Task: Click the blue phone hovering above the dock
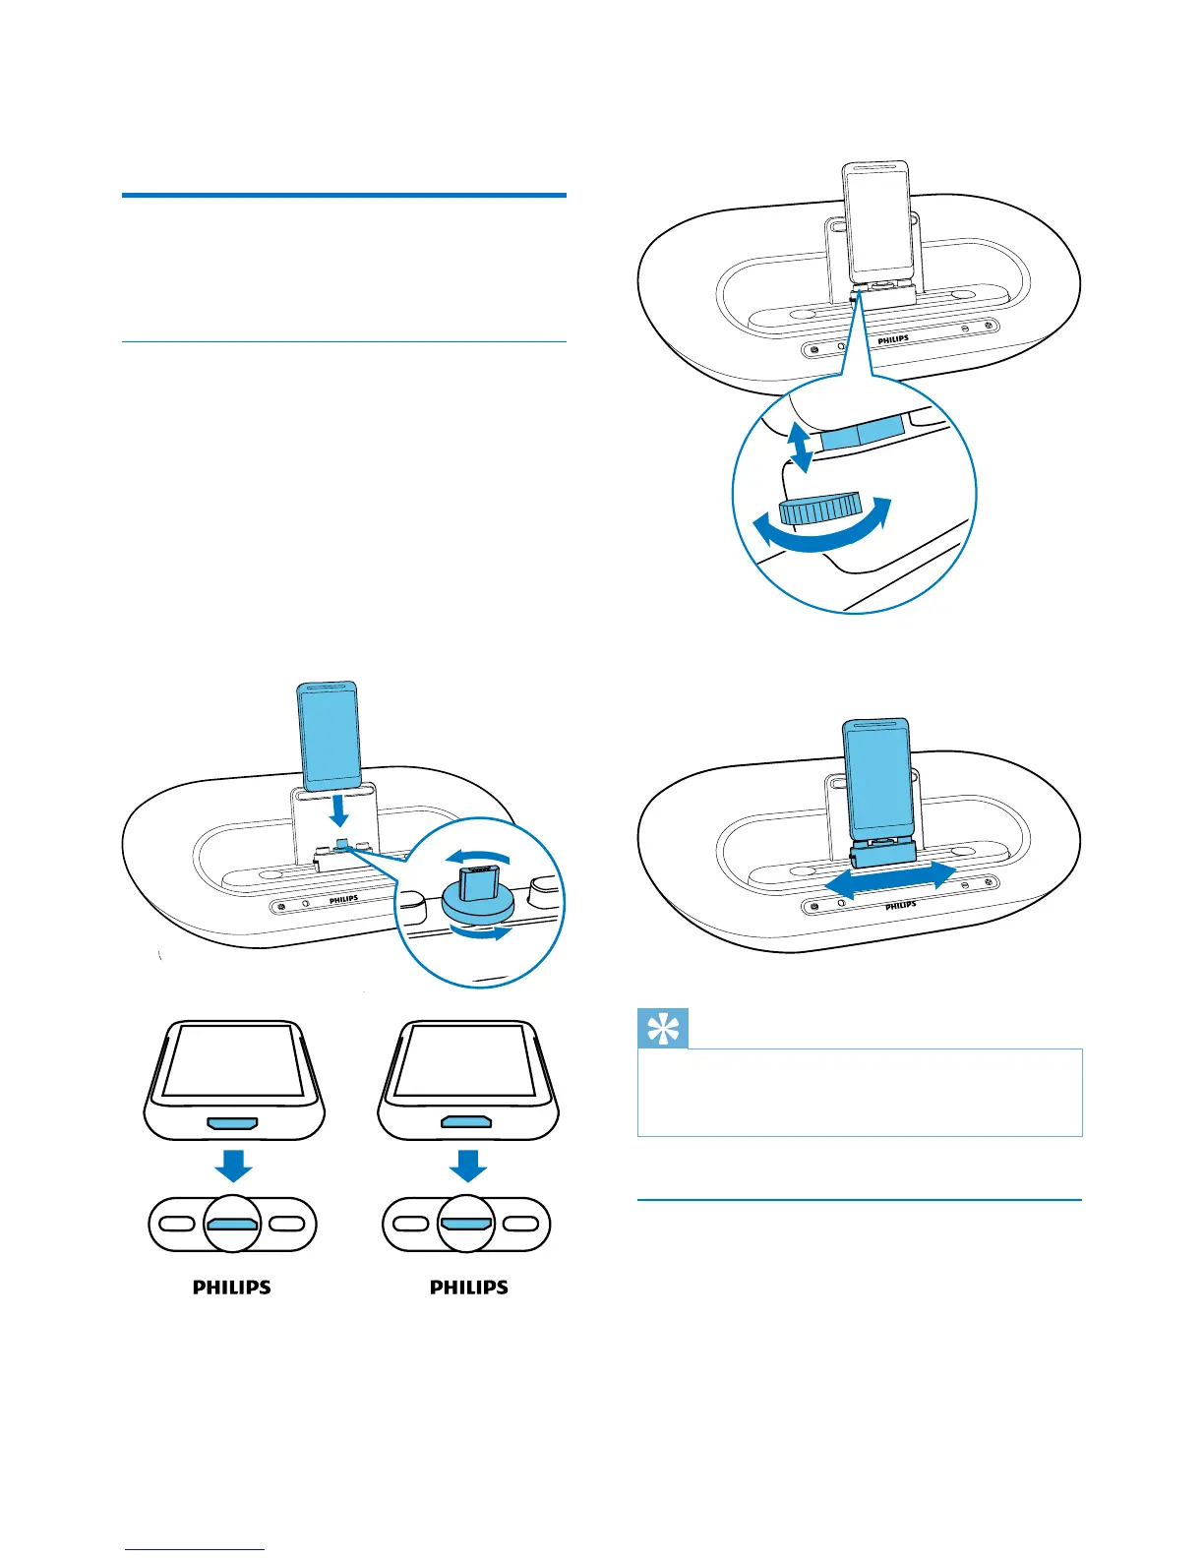tap(329, 736)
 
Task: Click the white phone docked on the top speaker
tap(879, 220)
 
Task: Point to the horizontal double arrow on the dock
tap(889, 877)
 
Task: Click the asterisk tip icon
tap(663, 1029)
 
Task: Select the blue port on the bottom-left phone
tap(232, 1122)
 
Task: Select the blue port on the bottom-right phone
tap(467, 1122)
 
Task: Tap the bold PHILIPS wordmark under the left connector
tap(232, 1287)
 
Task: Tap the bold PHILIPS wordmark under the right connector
tap(469, 1287)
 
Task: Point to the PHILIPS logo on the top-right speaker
tap(893, 339)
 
